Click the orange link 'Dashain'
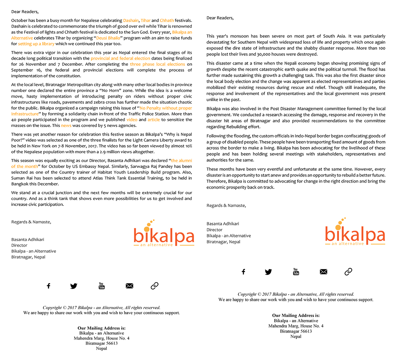pos(131,20)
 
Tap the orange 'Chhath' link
pos(167,20)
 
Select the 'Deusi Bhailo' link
pos(108,38)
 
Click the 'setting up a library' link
pos(36,44)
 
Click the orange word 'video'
pos(132,120)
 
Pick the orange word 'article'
pos(154,120)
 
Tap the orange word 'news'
pos(66,126)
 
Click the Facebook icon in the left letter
pos(48,286)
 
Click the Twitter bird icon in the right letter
pos(268,272)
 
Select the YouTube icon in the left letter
pos(102,286)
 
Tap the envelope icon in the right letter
pos(323,272)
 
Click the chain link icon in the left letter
pos(154,286)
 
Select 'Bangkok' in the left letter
pos(20,184)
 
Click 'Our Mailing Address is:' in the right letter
pos(296,315)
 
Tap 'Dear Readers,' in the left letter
pos(25,12)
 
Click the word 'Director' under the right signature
pos(214,230)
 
